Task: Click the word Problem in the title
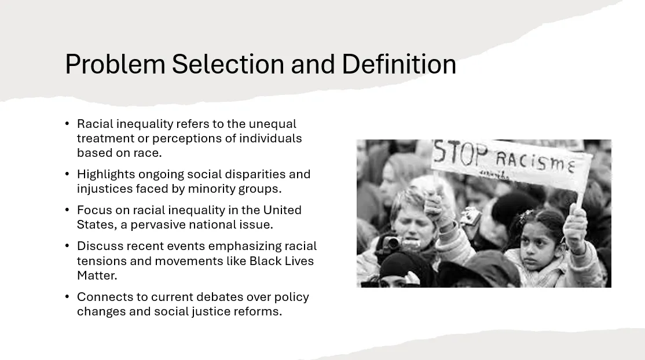click(115, 65)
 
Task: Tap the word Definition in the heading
click(399, 64)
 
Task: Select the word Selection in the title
click(228, 64)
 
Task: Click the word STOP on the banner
click(461, 153)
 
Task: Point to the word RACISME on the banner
click(535, 161)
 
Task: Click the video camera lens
click(391, 244)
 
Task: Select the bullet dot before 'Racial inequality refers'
click(67, 123)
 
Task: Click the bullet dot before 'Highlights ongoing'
click(67, 174)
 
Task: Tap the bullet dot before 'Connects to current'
click(67, 296)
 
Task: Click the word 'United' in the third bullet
click(282, 210)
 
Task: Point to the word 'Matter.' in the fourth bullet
click(97, 275)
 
